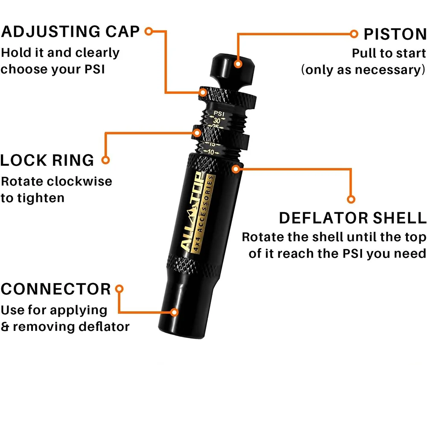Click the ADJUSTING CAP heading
click(x=70, y=32)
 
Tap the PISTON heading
click(x=395, y=34)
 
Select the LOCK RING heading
click(x=47, y=161)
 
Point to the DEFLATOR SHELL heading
click(x=353, y=218)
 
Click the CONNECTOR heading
click(x=56, y=289)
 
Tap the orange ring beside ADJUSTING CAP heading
click(x=149, y=31)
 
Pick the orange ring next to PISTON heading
click(x=354, y=34)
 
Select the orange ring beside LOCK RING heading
click(x=105, y=161)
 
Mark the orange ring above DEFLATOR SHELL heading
click(x=351, y=199)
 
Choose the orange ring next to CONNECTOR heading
click(x=120, y=289)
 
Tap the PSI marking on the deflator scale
click(x=219, y=114)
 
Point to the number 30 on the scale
click(x=217, y=121)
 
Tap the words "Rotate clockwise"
click(x=56, y=181)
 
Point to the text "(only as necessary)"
click(x=363, y=70)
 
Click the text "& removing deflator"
click(x=65, y=327)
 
